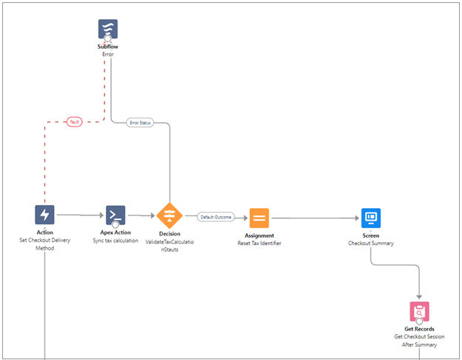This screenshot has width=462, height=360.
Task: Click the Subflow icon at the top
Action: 108,29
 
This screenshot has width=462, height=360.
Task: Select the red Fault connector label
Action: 74,121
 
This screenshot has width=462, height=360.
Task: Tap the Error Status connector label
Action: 139,122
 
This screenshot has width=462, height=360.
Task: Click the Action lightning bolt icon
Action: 44,215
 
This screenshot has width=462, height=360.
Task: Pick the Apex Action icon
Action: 115,215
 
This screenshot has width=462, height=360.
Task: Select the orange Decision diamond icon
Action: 170,216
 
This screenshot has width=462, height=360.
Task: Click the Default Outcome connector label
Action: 215,217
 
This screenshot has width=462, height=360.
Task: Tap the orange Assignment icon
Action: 259,218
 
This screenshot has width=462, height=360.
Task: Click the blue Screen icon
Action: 371,218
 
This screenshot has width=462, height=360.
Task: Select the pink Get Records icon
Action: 420,311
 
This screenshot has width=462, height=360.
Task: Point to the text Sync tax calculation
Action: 115,241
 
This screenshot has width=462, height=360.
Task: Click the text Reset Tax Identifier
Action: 259,243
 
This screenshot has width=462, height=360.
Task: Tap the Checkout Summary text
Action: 371,243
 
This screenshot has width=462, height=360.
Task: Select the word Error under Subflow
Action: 108,54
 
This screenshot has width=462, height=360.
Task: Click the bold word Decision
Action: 170,234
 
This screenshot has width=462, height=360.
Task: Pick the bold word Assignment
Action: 259,236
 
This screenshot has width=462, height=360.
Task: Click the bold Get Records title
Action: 420,329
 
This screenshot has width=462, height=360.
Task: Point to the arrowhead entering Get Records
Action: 420,296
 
